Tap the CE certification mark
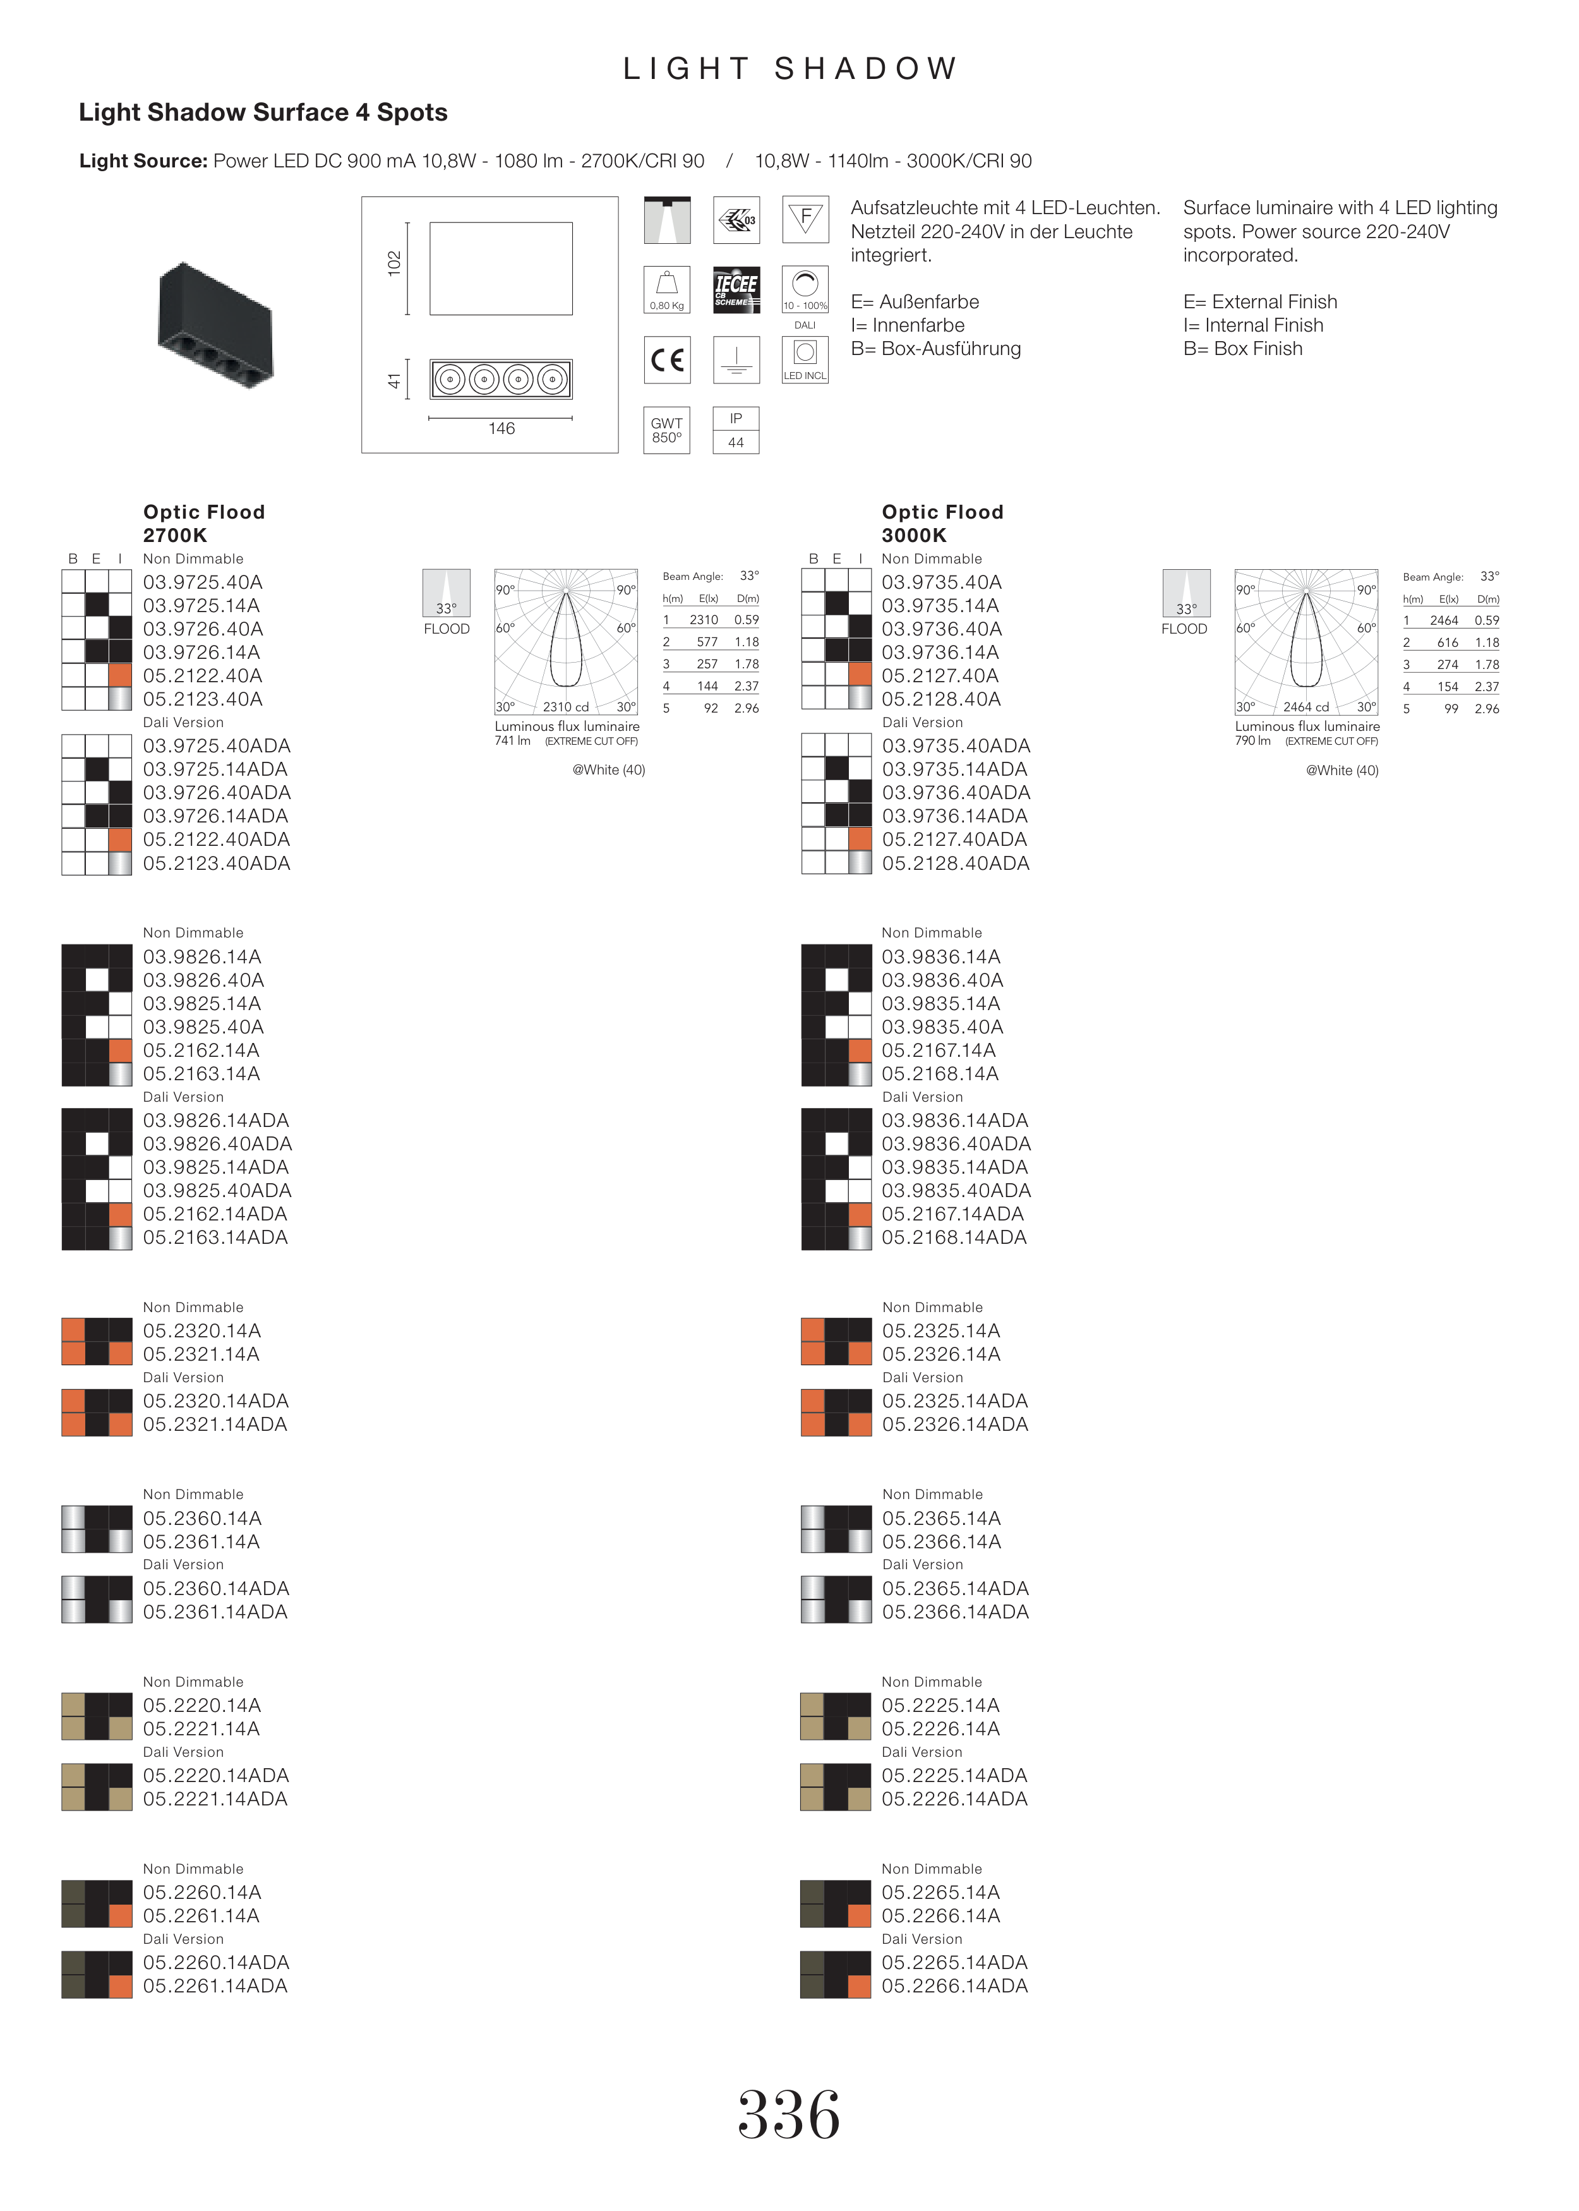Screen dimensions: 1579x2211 667,359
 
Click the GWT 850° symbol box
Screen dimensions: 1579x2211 667,430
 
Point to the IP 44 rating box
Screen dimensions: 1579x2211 736,430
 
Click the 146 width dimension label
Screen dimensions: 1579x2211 501,429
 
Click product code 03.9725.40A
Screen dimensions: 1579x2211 203,582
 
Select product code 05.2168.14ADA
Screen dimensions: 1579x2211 955,1238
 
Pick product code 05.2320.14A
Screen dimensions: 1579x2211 202,1331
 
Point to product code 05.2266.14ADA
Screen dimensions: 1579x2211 955,1986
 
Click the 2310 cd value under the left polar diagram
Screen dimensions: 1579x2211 566,707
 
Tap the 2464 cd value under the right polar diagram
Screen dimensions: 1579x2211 1306,707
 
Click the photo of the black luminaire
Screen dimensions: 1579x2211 216,325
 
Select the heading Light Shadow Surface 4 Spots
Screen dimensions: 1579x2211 263,113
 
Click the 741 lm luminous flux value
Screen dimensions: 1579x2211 512,741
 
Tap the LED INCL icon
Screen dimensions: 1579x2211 805,359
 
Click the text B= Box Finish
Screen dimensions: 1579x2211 1242,349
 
